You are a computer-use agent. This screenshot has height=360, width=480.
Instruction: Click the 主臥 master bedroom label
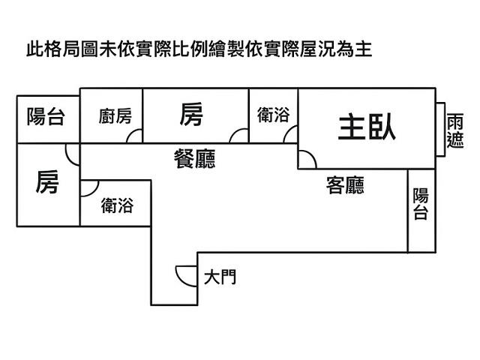pyautogui.click(x=367, y=127)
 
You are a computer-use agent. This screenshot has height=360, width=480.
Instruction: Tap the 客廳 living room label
pyautogui.click(x=346, y=185)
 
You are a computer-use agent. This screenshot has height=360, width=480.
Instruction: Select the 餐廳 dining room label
pyautogui.click(x=194, y=158)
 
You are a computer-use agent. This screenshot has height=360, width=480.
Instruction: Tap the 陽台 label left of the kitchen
pyautogui.click(x=46, y=116)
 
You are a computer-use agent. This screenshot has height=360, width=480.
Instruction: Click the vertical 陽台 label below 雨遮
pyautogui.click(x=421, y=204)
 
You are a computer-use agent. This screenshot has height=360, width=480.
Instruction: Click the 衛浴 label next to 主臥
pyautogui.click(x=273, y=115)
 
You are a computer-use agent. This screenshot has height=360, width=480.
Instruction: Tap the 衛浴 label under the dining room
pyautogui.click(x=117, y=205)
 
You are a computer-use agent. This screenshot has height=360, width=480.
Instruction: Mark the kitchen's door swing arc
pyautogui.click(x=135, y=135)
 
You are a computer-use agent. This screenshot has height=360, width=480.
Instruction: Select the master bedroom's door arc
pyautogui.click(x=307, y=159)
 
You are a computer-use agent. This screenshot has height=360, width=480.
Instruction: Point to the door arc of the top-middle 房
pyautogui.click(x=239, y=135)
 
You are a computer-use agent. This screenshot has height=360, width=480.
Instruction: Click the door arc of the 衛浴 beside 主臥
pyautogui.click(x=290, y=134)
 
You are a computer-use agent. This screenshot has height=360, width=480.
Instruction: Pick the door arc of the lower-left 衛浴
pyautogui.click(x=88, y=187)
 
